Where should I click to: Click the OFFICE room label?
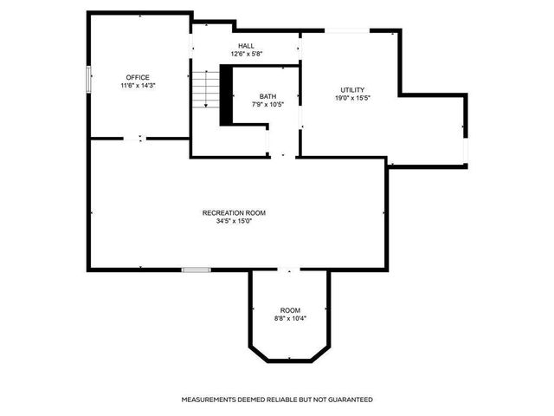coord(138,78)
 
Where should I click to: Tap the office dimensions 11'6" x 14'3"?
coord(138,86)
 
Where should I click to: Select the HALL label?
coord(246,46)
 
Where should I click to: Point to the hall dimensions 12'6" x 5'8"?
coord(246,54)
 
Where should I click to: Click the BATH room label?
coord(267,96)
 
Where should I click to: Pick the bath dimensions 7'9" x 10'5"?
coord(267,104)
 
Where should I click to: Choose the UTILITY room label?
coord(352,90)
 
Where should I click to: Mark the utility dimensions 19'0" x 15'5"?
coord(352,98)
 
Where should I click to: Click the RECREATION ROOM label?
coord(234,212)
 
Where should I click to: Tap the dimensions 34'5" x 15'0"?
coord(234,220)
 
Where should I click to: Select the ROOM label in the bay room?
coord(290,310)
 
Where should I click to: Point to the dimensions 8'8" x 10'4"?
coord(290,318)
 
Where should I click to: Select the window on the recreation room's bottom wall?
coord(196,270)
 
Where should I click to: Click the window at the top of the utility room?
coord(348,32)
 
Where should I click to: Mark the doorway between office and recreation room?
coord(140,138)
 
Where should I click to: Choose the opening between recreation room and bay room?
coord(290,270)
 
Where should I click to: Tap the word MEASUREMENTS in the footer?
coord(210,400)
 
